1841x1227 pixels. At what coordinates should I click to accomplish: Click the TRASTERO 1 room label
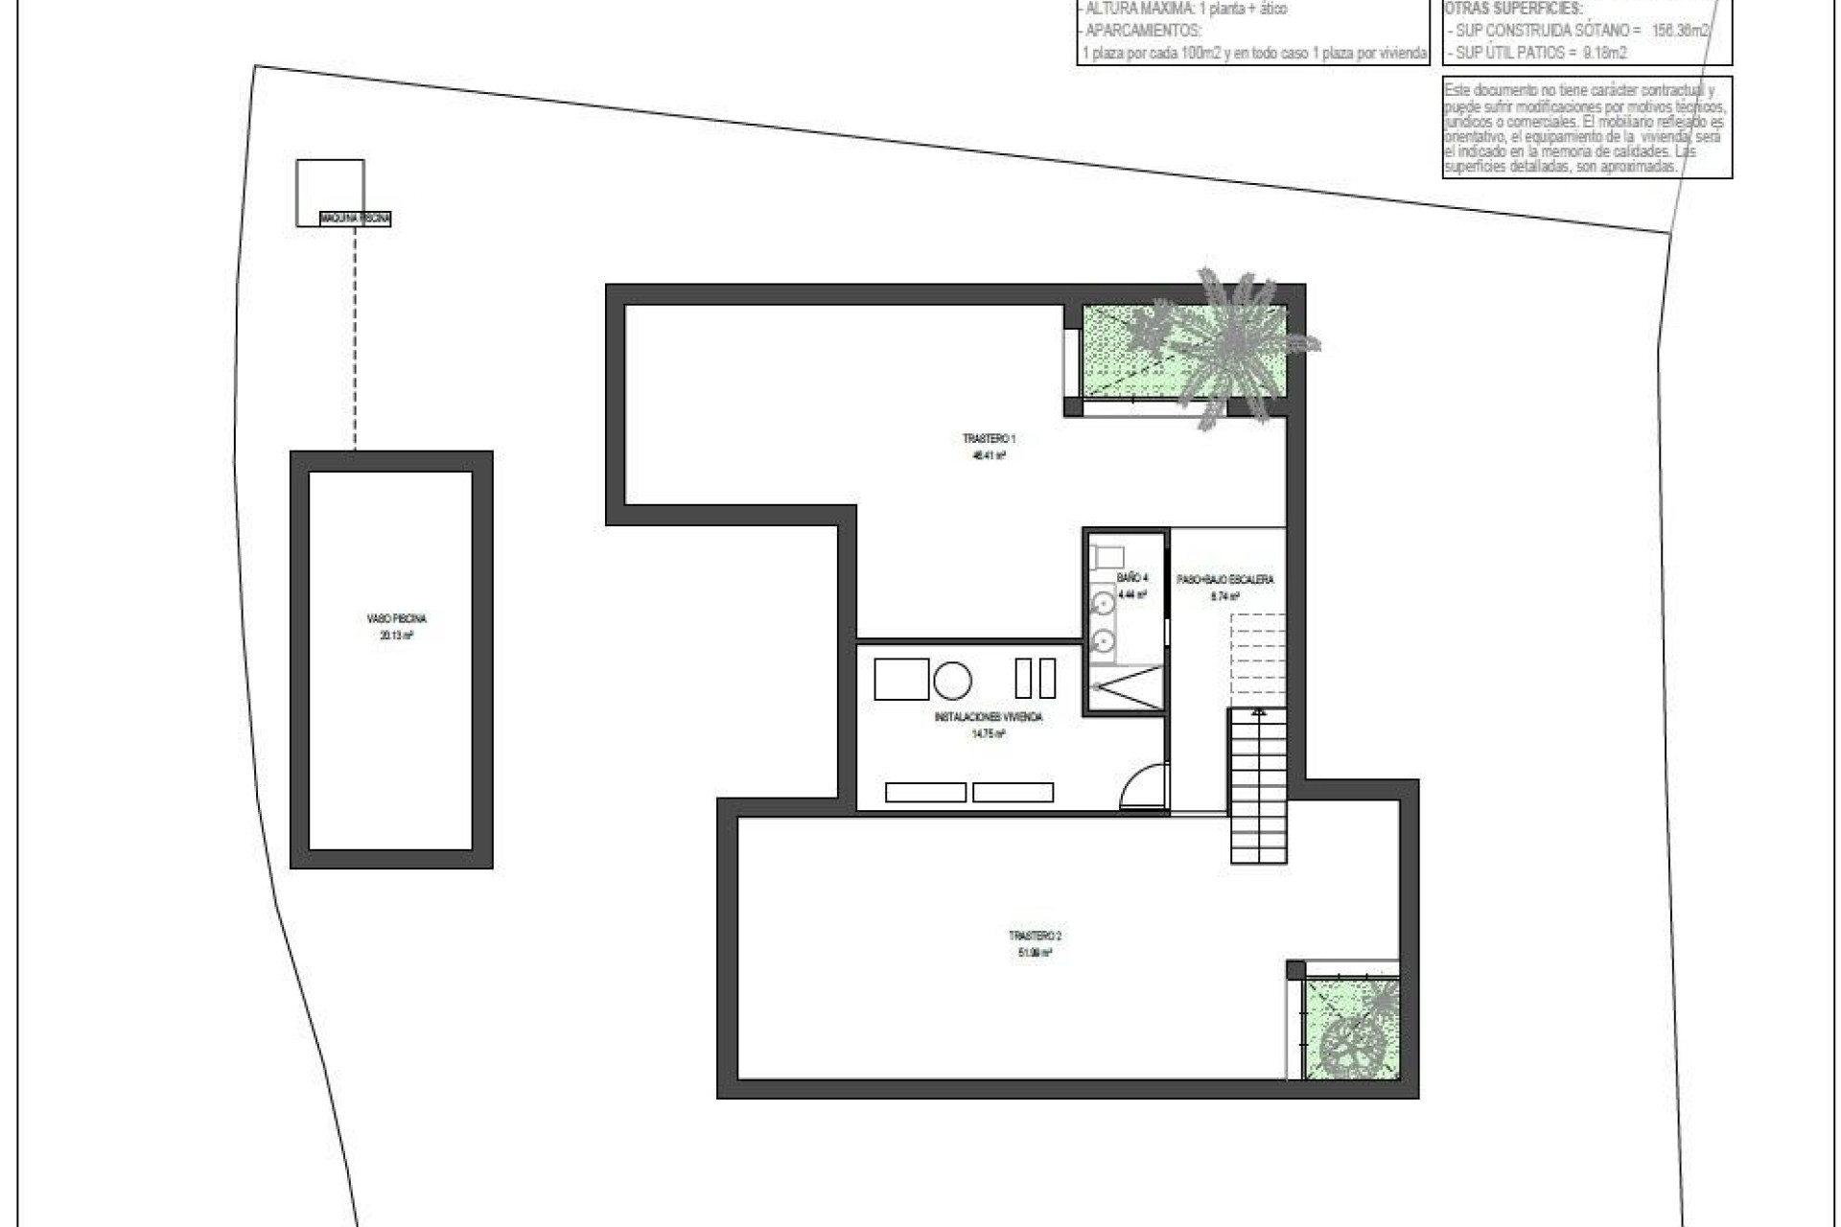click(989, 439)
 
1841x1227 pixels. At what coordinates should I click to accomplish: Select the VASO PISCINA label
click(396, 619)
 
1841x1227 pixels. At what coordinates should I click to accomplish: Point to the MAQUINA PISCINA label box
click(356, 219)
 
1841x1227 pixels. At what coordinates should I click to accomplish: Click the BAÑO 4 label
click(1131, 578)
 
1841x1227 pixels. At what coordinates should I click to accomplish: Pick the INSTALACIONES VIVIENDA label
click(988, 717)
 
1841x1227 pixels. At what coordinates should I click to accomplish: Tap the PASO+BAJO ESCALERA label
click(1225, 580)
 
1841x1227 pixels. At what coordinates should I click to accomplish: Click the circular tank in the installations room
click(952, 680)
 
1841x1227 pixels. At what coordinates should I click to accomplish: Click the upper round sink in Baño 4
click(1104, 604)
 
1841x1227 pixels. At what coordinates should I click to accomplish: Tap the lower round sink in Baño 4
click(1104, 638)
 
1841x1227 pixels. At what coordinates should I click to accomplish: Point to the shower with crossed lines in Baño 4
click(1126, 686)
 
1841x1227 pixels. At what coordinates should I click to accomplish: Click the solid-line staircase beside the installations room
click(1258, 786)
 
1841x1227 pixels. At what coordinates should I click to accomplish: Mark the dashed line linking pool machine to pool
click(355, 336)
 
